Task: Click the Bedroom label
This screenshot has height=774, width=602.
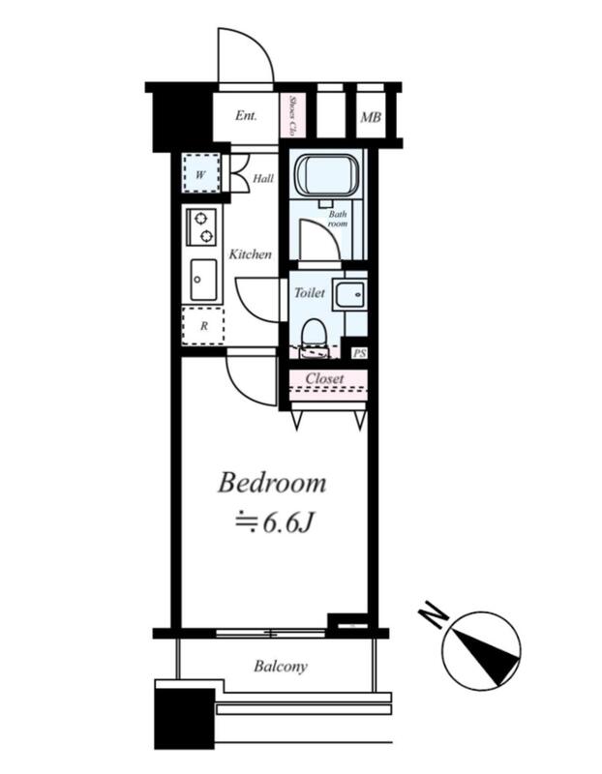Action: (x=272, y=482)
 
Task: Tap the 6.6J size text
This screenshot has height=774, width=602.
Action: (x=287, y=522)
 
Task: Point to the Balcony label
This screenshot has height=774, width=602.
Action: (x=281, y=667)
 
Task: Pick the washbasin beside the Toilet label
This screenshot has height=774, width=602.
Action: (x=349, y=295)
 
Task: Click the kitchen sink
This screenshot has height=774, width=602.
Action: (x=203, y=280)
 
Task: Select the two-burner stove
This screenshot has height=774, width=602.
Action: (x=201, y=227)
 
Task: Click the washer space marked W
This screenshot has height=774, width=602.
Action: (x=200, y=173)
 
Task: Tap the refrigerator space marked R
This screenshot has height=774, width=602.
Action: (x=203, y=326)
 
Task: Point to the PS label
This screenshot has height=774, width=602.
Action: (x=360, y=354)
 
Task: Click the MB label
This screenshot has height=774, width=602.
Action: (x=371, y=117)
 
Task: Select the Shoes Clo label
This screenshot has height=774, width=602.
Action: (x=292, y=115)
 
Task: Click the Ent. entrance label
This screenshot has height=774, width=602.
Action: (x=246, y=116)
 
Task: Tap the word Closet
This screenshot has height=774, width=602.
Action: (x=324, y=378)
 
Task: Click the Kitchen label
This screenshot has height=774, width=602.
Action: (x=250, y=254)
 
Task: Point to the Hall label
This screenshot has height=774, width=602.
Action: (x=263, y=178)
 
